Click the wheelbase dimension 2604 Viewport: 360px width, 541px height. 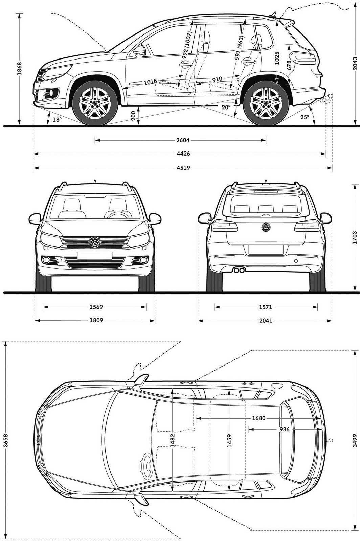click(x=183, y=140)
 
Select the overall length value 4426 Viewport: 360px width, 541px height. click(x=183, y=154)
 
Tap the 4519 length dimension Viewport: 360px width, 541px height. click(x=183, y=168)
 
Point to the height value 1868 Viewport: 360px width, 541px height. click(x=20, y=68)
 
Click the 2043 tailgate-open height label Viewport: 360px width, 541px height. click(x=355, y=63)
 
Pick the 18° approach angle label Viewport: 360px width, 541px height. click(x=57, y=120)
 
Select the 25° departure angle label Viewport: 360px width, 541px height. click(x=305, y=117)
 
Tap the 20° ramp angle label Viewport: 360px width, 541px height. click(x=226, y=107)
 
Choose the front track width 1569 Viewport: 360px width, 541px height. click(x=96, y=307)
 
